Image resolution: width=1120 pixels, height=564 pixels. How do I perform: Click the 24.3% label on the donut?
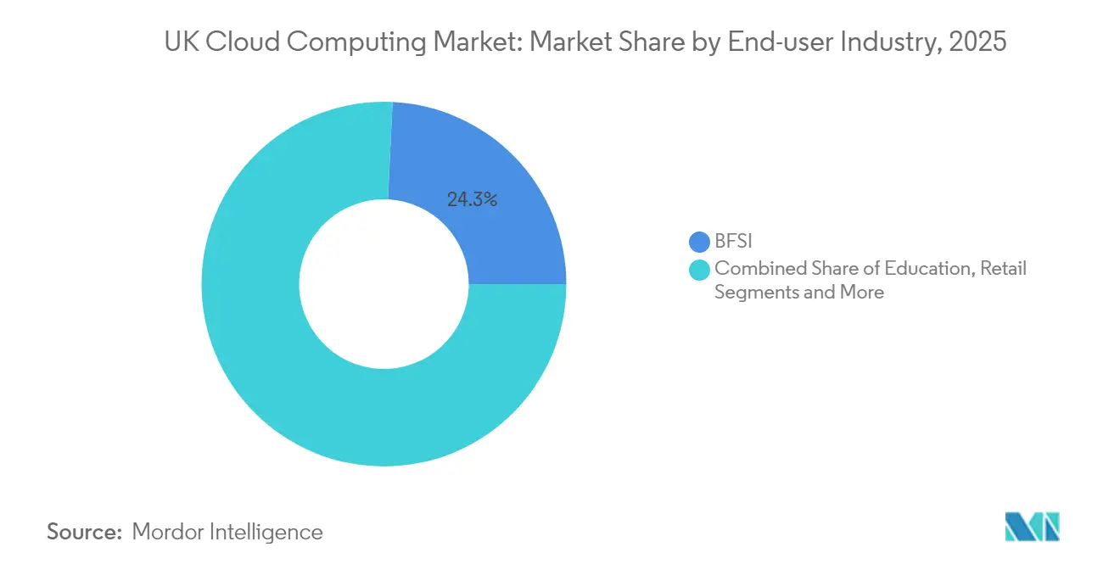pos(471,200)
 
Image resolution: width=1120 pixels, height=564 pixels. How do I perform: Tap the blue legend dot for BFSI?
pos(700,243)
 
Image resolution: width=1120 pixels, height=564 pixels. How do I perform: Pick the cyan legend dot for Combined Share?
pos(700,270)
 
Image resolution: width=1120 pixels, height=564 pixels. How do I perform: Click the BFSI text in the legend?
pos(734,243)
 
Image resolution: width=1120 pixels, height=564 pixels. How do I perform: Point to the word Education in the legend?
pos(930,269)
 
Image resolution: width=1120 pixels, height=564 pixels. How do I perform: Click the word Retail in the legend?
pos(1004,269)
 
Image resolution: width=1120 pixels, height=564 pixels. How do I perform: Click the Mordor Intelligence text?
pos(227,532)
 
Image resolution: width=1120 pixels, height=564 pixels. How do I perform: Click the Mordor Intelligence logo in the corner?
pos(1032,527)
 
